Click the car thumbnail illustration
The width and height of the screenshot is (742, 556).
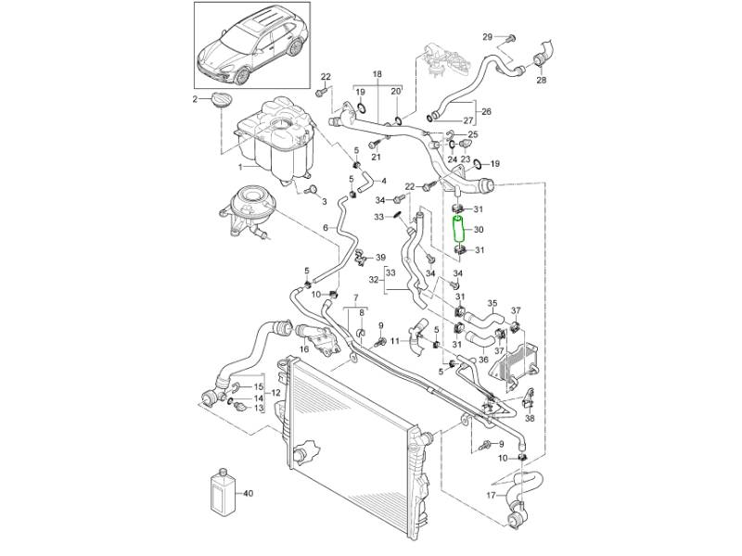[x=251, y=43]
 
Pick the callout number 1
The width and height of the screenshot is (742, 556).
[x=240, y=167]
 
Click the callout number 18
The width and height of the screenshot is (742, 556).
[x=377, y=72]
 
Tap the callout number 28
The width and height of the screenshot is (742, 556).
[x=542, y=80]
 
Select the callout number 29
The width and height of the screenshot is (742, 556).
[x=488, y=36]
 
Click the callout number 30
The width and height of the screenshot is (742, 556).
[x=480, y=230]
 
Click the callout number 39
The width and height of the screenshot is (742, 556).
[x=381, y=257]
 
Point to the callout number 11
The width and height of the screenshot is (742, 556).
[x=395, y=340]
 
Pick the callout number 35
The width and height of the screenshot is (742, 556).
[x=493, y=303]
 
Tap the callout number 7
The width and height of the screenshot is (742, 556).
[x=353, y=295]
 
